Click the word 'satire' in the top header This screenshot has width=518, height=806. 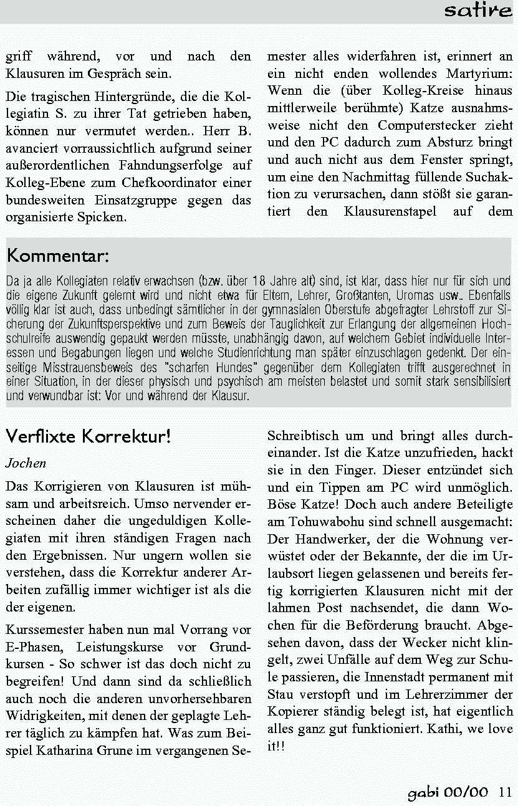(477, 11)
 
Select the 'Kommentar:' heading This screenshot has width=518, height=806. (58, 256)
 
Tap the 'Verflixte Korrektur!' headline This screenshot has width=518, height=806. (88, 436)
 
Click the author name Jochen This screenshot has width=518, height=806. (26, 464)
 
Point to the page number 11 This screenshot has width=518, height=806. (505, 792)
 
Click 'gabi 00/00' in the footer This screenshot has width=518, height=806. (448, 792)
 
